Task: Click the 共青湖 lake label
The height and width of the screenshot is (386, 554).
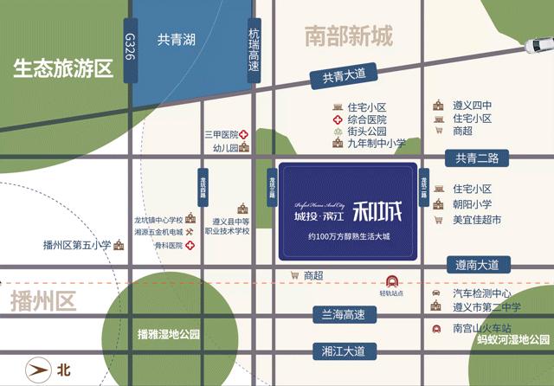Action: (176, 39)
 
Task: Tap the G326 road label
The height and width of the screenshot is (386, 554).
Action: (131, 48)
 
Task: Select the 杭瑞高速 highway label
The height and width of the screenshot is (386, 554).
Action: (254, 51)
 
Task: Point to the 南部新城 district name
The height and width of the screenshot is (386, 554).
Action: (349, 36)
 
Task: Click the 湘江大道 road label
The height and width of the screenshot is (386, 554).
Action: (345, 351)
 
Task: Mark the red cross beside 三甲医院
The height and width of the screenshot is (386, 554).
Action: (245, 134)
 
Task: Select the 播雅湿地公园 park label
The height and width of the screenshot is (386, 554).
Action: (169, 333)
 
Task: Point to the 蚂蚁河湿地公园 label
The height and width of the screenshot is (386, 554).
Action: (513, 340)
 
